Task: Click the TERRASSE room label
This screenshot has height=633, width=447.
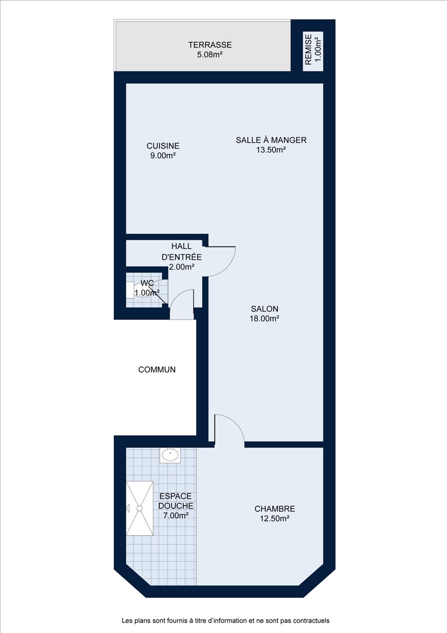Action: pyautogui.click(x=210, y=45)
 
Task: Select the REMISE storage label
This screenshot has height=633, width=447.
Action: pyautogui.click(x=308, y=50)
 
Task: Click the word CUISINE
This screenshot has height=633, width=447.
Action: pyautogui.click(x=163, y=146)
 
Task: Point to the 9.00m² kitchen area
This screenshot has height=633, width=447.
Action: pyautogui.click(x=163, y=156)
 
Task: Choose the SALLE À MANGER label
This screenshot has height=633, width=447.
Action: pyautogui.click(x=271, y=140)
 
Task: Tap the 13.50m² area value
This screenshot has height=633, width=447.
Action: pyautogui.click(x=271, y=150)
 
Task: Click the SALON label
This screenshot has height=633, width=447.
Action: pyautogui.click(x=265, y=309)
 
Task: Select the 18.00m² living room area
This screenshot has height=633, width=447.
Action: pyautogui.click(x=265, y=319)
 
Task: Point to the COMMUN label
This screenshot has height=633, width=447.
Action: pyautogui.click(x=157, y=370)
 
